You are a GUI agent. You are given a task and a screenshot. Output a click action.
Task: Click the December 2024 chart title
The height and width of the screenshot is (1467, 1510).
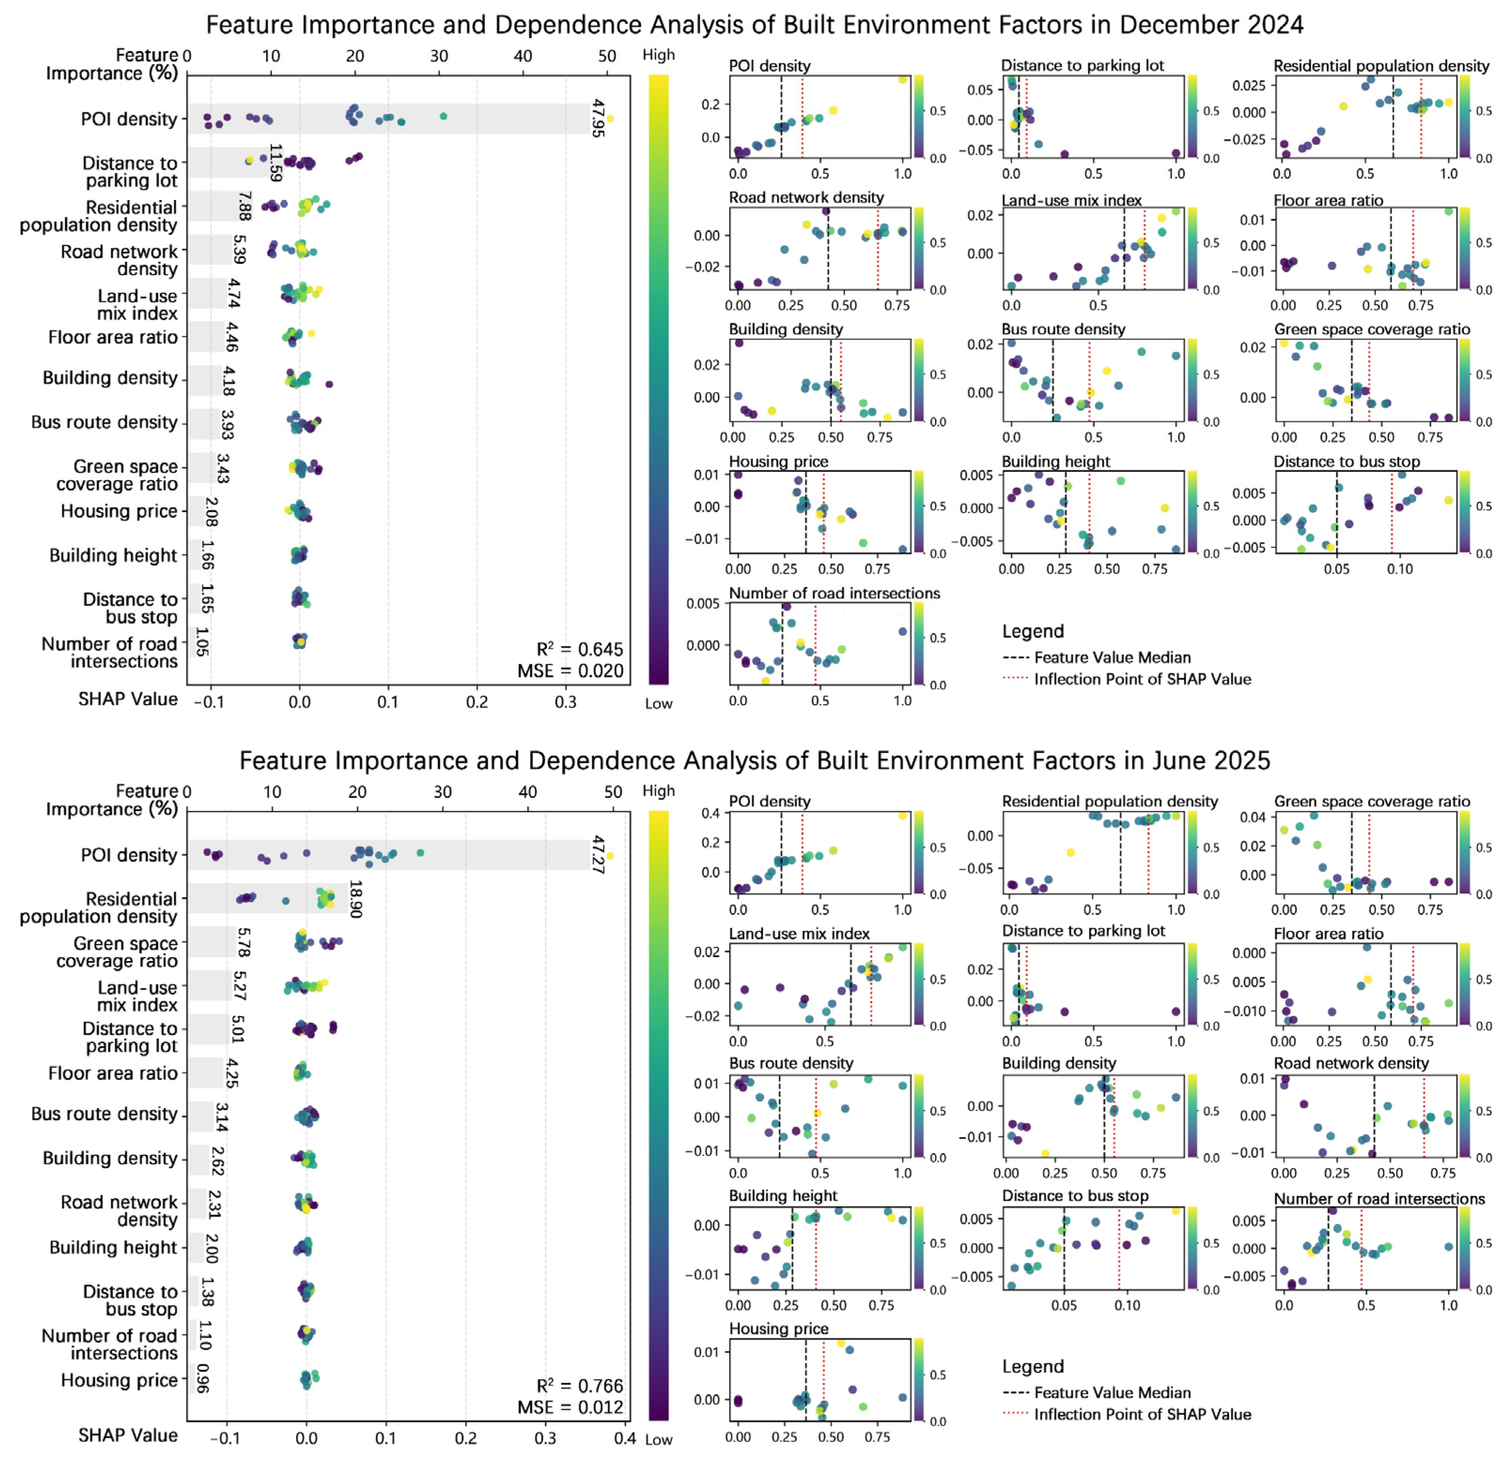click(x=754, y=25)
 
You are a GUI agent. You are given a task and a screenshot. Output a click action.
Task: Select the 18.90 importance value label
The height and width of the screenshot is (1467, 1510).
click(x=355, y=899)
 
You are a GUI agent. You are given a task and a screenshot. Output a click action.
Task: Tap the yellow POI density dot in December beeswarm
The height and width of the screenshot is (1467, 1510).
click(x=610, y=119)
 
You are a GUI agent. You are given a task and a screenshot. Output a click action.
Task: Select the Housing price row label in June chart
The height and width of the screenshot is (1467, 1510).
click(x=119, y=1380)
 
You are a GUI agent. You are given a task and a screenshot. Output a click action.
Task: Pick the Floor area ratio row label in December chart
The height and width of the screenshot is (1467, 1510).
click(x=113, y=338)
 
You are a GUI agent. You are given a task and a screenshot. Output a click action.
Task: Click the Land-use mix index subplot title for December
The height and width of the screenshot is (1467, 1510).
click(x=1071, y=200)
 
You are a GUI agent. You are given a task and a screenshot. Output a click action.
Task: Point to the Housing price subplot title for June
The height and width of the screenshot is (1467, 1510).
click(x=778, y=1329)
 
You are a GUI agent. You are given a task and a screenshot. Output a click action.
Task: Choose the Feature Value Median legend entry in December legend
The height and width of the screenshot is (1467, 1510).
click(x=1112, y=657)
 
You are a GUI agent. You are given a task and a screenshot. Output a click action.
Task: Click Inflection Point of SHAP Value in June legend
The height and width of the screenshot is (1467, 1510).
click(x=1142, y=1414)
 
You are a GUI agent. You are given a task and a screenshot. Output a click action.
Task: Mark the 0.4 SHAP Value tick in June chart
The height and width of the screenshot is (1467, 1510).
click(x=624, y=1438)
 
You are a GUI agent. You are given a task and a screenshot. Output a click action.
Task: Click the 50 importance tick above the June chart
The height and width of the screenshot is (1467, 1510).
click(x=613, y=791)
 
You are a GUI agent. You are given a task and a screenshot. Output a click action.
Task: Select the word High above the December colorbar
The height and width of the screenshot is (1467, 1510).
click(x=658, y=55)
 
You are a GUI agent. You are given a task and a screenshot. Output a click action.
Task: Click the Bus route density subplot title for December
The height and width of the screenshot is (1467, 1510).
click(x=1063, y=329)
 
